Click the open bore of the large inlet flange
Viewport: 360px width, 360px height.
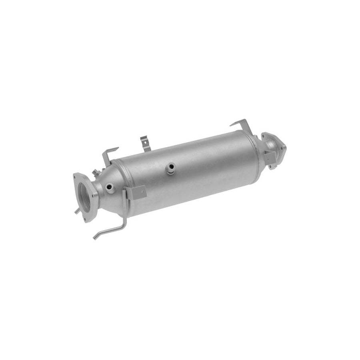point(84,197)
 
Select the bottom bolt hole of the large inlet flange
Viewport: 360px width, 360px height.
point(85,219)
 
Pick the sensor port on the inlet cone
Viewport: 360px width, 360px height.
point(109,187)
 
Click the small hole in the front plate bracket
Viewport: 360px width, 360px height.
point(143,192)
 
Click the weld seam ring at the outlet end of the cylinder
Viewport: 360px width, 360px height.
point(255,148)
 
